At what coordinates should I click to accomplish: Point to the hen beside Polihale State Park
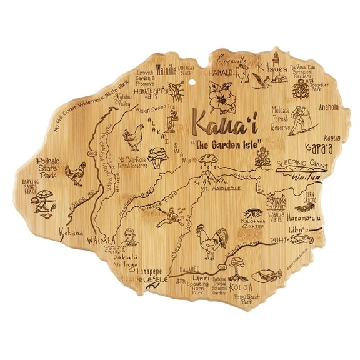point(76,174)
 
